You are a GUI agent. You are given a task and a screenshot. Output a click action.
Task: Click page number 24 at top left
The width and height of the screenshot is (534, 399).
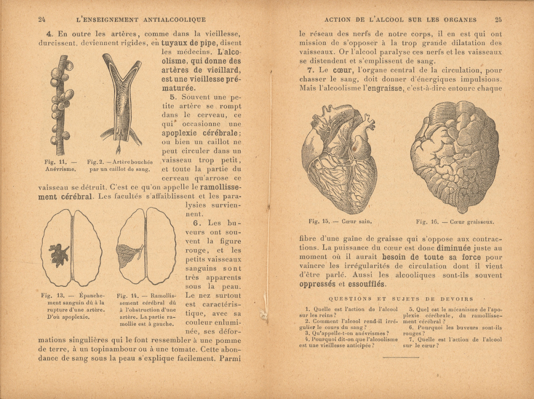(x=42, y=20)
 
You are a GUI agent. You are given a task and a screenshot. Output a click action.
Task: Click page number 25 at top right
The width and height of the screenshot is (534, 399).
(x=498, y=20)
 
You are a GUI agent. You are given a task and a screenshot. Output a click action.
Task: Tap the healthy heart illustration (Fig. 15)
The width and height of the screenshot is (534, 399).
(x=339, y=158)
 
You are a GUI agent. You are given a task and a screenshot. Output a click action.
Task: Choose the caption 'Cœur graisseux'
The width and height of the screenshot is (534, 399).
(x=472, y=221)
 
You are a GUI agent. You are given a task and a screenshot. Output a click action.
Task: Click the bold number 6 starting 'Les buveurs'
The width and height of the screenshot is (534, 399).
(x=196, y=222)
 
